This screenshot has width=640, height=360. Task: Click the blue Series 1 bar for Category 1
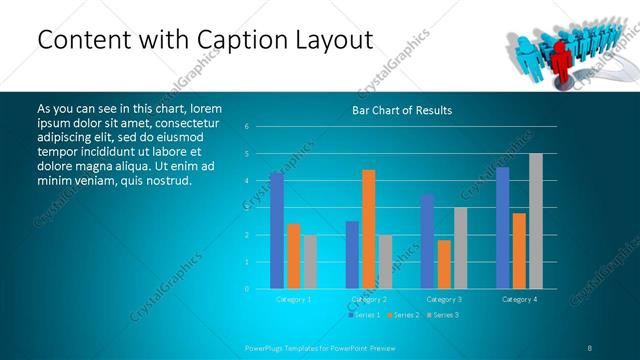[x=277, y=230]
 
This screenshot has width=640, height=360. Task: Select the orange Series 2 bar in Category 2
[x=369, y=229]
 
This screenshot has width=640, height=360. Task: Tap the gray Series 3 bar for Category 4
[x=536, y=221]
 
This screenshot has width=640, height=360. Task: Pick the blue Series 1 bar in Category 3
[x=428, y=241]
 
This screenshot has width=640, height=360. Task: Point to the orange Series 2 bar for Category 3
[x=444, y=264]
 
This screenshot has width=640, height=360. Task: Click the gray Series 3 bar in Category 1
[x=310, y=261]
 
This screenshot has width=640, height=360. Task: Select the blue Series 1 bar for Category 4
[x=503, y=227]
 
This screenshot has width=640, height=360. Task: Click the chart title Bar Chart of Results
[x=402, y=110]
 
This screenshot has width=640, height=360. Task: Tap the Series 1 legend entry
[x=364, y=315]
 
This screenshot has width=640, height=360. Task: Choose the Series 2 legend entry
[x=403, y=315]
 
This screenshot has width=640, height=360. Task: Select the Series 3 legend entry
[x=443, y=315]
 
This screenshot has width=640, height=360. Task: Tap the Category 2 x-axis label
[x=369, y=299]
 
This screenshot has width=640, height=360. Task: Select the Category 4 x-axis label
[x=519, y=299]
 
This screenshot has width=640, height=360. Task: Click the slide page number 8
[x=590, y=347]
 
